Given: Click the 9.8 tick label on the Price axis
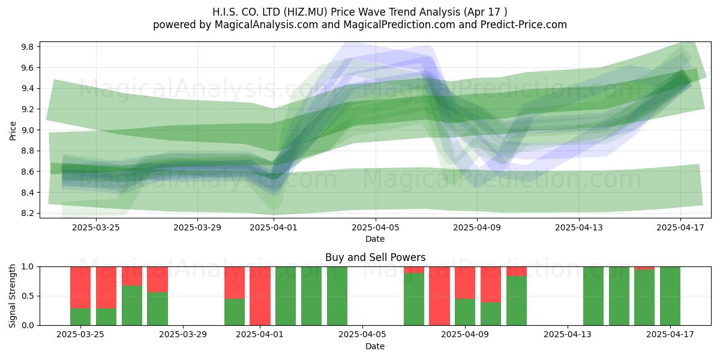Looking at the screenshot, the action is pos(27,47).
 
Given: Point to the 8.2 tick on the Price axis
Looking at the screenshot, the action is pos(27,214).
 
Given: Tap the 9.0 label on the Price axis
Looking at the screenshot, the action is pos(27,130).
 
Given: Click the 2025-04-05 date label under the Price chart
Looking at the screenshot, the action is pos(376,227).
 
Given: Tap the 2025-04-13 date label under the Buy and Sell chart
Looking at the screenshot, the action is pos(568,335).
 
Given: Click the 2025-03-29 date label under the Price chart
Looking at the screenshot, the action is pos(197,227).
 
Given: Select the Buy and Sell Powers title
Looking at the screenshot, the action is pos(376,257).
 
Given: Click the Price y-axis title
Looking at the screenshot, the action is pos(13,131).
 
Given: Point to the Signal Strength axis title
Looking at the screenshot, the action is pos(12,296).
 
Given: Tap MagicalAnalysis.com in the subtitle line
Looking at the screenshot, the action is pos(266,25).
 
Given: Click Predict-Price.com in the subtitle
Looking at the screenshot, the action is pos(524,25).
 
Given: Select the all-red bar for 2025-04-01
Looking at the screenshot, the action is pos(260,296).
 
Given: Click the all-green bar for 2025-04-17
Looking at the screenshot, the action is pos(670,296).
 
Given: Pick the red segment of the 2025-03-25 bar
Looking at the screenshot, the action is pos(80,287).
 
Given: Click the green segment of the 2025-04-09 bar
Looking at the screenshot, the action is pos(465,312).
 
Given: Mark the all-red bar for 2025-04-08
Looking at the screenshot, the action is pos(439,296).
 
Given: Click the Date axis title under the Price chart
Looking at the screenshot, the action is pos(375,239).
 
